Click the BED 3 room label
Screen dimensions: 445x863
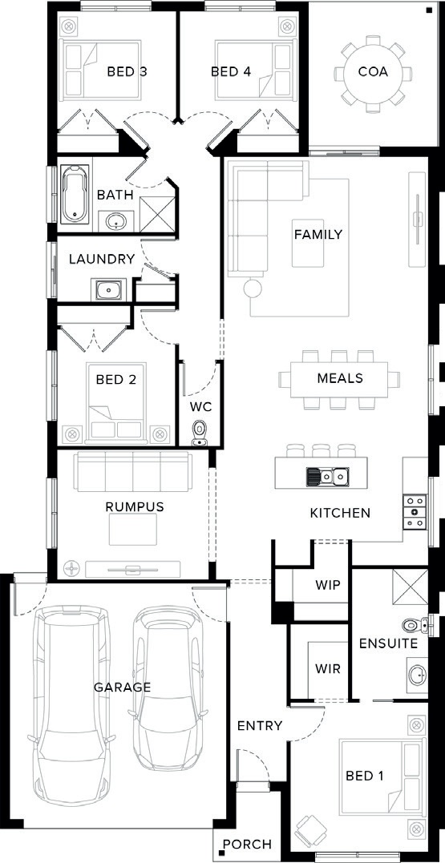coord(127,71)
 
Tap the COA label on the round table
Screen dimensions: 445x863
coord(373,71)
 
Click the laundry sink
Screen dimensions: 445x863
coord(109,289)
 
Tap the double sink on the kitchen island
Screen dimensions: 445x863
coord(327,475)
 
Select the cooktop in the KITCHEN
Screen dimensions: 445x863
coord(415,512)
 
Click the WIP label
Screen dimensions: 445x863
coord(328,584)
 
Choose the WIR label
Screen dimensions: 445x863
coord(328,669)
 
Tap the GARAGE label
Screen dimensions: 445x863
coord(122,687)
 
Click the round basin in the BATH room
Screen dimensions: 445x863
coord(115,222)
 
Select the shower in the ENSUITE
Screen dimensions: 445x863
coord(411,588)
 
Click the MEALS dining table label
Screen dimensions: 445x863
coord(340,378)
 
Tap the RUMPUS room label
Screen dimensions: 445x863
coord(135,507)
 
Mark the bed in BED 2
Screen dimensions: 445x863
coord(116,401)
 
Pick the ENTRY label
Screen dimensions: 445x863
coord(260,726)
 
